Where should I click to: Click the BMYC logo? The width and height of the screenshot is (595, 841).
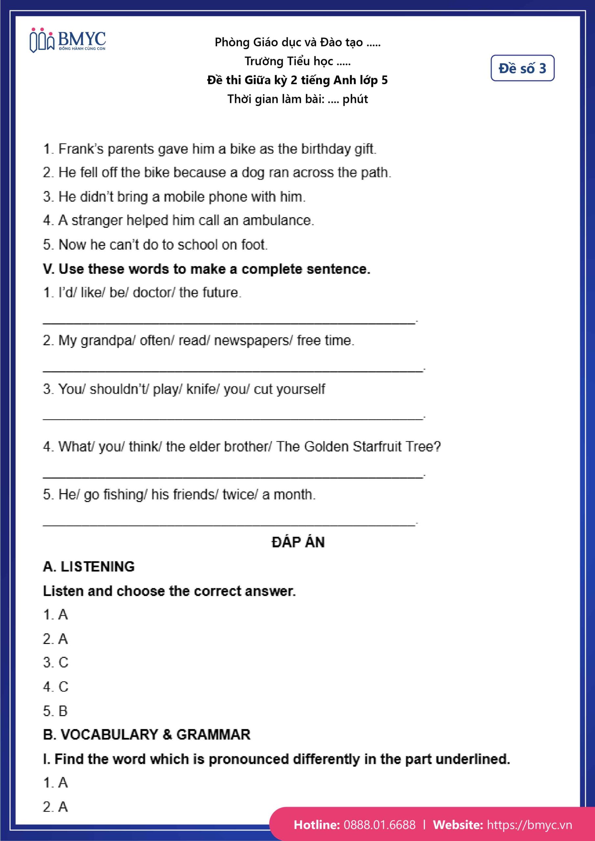[68, 40]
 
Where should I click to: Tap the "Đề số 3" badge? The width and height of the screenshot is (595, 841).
[522, 68]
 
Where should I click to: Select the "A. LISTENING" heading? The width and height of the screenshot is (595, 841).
[89, 567]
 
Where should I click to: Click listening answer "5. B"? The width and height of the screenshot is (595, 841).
[55, 711]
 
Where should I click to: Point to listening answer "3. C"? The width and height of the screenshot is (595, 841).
[55, 662]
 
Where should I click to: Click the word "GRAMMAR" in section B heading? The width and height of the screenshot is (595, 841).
[213, 735]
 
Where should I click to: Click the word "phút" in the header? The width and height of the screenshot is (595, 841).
[355, 99]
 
